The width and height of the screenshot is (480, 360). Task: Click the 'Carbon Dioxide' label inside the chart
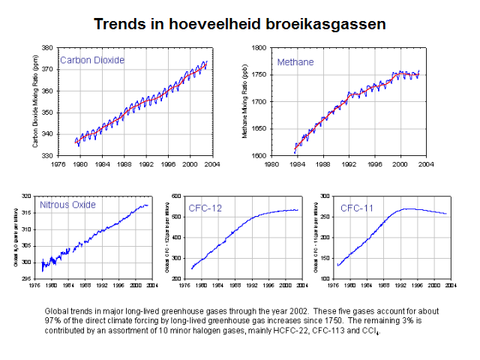[92, 60]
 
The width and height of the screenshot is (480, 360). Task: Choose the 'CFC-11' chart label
[357, 207]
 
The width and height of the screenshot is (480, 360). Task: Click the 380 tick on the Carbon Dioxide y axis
[47, 47]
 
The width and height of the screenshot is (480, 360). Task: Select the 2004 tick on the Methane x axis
[426, 163]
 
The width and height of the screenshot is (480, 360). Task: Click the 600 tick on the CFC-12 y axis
[177, 196]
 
